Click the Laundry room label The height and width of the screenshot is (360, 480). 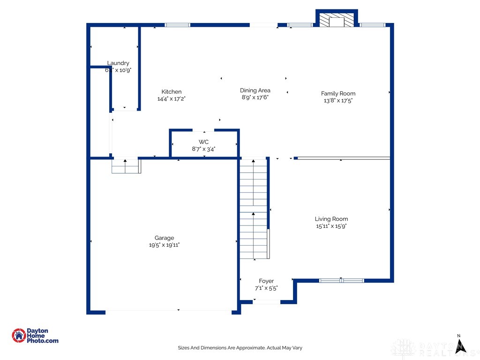[118, 63]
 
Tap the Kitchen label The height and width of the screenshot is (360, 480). [172, 92]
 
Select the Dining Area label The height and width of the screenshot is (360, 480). [255, 90]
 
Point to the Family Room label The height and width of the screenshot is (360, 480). [338, 93]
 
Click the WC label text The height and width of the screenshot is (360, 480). [203, 142]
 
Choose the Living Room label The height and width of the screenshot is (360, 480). [331, 219]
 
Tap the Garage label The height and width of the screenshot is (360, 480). [164, 238]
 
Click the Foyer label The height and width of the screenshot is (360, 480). [266, 281]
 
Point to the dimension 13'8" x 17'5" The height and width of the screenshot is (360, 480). [338, 100]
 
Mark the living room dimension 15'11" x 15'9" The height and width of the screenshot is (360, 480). [331, 226]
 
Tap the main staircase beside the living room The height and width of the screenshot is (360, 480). [254, 209]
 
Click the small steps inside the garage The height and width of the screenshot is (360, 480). [126, 166]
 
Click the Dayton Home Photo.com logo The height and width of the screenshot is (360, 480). [35, 336]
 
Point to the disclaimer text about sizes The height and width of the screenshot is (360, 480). [240, 348]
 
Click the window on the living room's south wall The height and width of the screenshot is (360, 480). [341, 281]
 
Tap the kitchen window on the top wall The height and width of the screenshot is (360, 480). [178, 25]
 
